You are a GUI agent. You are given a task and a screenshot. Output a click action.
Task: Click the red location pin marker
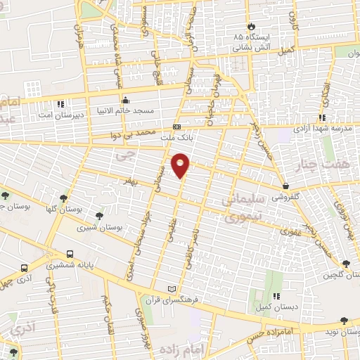[x=181, y=165]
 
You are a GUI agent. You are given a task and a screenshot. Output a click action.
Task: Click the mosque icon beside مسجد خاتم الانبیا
[x=125, y=100]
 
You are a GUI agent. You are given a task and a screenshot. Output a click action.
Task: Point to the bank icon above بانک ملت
[x=176, y=127]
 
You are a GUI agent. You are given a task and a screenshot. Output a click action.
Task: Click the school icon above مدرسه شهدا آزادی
[x=321, y=118]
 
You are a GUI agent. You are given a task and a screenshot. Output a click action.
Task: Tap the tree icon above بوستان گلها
[x=64, y=198]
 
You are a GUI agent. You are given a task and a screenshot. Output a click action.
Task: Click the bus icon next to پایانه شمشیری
[x=70, y=255]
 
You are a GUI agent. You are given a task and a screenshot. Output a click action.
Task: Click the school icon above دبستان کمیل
[x=276, y=296]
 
